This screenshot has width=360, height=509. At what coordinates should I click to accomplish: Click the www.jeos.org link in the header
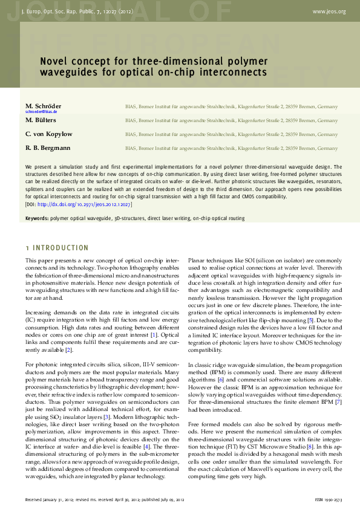coord(329,11)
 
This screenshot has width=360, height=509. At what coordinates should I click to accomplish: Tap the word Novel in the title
coord(52,61)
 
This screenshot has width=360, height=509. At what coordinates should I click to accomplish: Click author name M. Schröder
coord(43,106)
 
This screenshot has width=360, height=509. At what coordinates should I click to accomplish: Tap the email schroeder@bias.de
coord(41,112)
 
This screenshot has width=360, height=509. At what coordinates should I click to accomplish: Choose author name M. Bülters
coord(41,120)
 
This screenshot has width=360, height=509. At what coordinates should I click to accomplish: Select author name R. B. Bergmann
coord(48,148)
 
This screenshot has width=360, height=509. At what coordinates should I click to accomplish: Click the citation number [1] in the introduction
coord(154,334)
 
